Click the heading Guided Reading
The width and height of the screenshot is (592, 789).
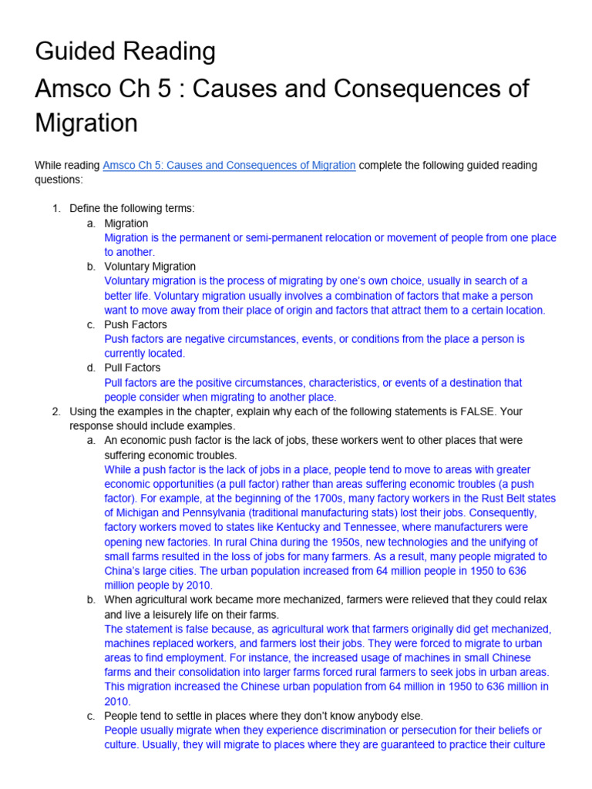pyautogui.click(x=125, y=52)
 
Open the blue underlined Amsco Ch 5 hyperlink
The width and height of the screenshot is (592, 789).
pyautogui.click(x=229, y=165)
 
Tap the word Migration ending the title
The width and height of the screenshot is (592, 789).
pyautogui.click(x=86, y=123)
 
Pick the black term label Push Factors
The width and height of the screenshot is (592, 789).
pyautogui.click(x=135, y=324)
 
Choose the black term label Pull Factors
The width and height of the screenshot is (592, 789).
pyautogui.click(x=133, y=368)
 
